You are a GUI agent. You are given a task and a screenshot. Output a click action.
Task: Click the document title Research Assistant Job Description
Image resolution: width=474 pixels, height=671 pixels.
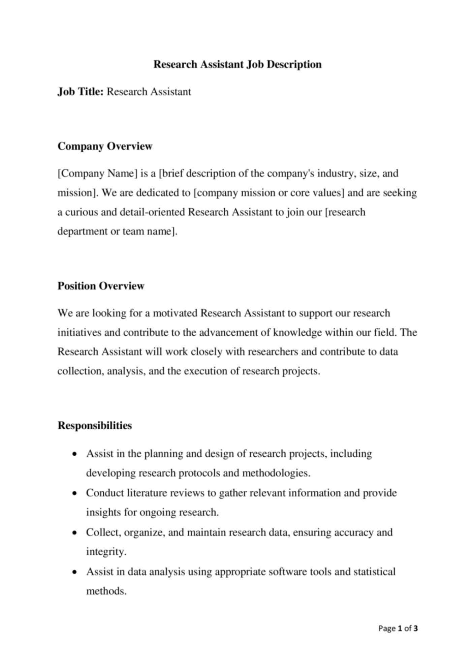pos(237,64)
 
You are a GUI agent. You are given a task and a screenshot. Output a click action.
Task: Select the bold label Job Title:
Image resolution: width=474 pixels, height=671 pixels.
pos(80,92)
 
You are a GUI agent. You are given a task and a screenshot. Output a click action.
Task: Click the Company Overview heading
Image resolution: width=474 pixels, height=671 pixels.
pos(105,146)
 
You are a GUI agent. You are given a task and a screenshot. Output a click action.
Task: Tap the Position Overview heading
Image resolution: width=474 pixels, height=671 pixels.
pos(101,286)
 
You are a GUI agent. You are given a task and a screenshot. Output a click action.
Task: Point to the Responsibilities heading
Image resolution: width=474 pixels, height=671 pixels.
pos(95,425)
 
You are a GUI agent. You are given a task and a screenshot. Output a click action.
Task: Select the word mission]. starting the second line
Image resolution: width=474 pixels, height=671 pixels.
pos(77,193)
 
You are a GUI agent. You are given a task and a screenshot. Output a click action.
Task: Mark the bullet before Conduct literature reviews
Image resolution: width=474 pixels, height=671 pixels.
pos(75,493)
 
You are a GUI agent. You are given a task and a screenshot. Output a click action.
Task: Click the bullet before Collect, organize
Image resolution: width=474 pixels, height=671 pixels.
pos(75,533)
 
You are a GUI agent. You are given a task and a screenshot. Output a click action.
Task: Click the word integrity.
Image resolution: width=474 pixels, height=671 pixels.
pos(106,552)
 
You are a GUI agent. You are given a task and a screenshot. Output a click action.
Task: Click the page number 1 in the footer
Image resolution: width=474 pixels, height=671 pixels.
pos(400,628)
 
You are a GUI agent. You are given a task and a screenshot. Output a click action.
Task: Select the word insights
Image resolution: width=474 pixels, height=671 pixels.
pos(103,513)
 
